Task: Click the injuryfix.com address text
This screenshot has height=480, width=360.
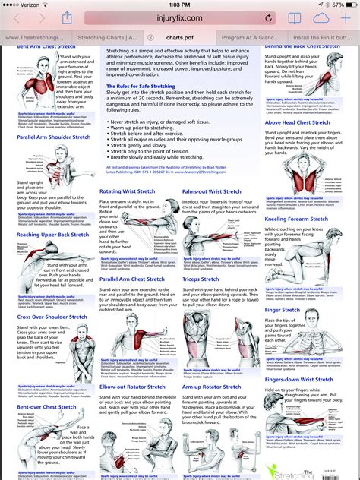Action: pyautogui.click(x=180, y=17)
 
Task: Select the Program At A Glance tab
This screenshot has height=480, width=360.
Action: pyautogui.click(x=251, y=36)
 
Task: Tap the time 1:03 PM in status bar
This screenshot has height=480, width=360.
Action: pyautogui.click(x=179, y=5)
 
